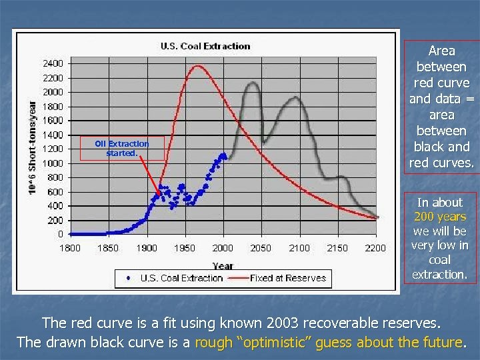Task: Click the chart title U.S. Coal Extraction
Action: pos(205,46)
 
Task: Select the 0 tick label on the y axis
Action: pos(61,234)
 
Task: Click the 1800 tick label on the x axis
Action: pos(70,248)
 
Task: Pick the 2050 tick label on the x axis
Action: pos(261,248)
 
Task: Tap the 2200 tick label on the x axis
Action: pos(375,248)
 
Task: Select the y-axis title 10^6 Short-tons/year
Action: pos(32,148)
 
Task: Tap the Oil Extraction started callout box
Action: pos(121,148)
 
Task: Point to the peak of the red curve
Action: pos(197,66)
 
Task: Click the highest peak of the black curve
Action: pos(253,83)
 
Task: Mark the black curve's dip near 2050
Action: pos(265,142)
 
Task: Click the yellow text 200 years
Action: pos(440,217)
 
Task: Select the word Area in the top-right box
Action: pos(441,51)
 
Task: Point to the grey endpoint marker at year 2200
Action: pos(377,217)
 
